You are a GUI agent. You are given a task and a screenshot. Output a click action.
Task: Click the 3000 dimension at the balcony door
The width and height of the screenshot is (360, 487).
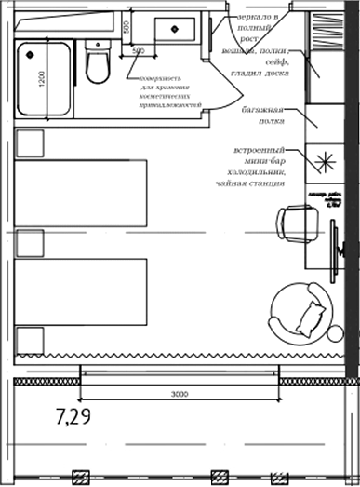tap(180, 394)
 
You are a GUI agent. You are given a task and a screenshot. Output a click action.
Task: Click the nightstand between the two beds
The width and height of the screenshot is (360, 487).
tap(28, 242)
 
